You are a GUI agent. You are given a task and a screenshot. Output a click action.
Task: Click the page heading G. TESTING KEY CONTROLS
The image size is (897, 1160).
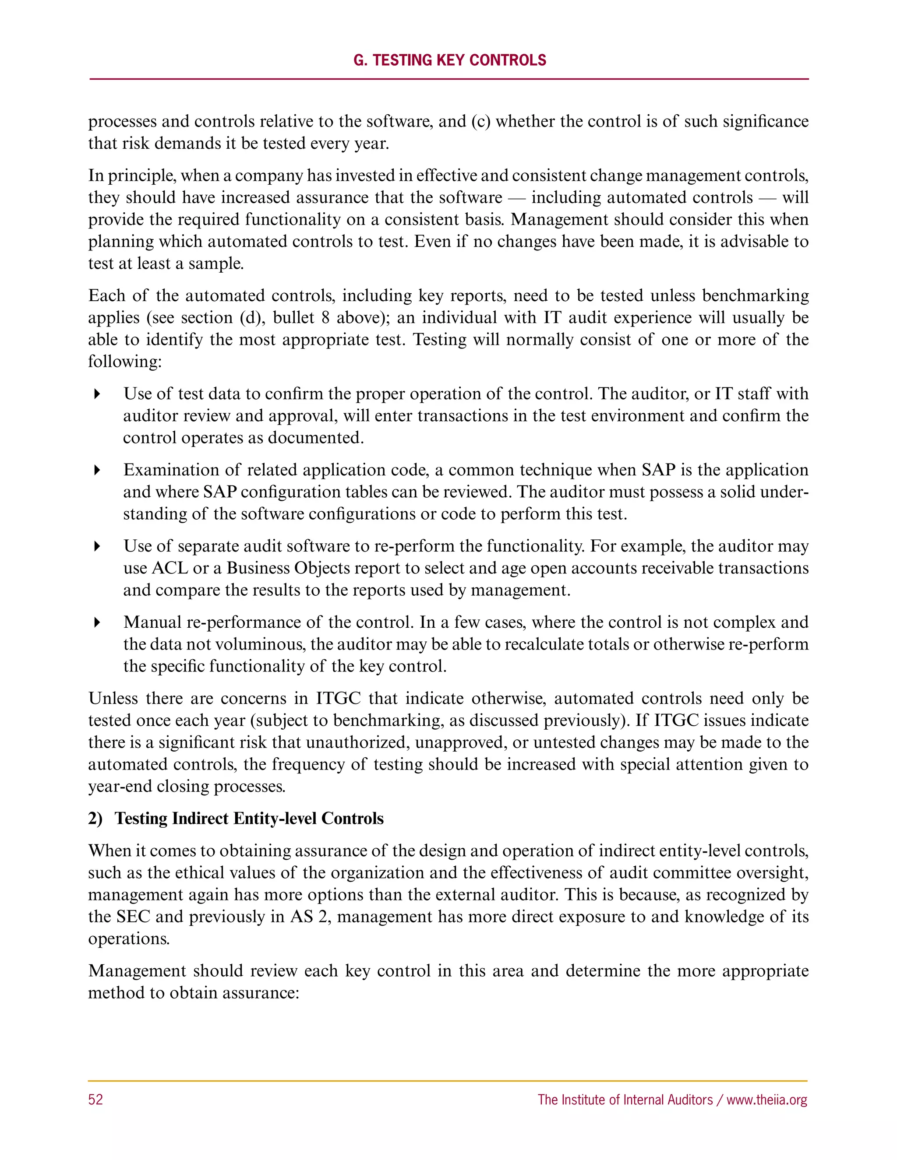coord(449,60)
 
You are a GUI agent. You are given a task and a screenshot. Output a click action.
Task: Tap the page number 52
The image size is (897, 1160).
coord(95,1100)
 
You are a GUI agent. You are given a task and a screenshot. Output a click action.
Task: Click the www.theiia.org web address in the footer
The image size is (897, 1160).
coord(767,1100)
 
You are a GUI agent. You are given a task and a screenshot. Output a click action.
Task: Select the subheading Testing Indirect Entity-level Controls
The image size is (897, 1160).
coord(249,819)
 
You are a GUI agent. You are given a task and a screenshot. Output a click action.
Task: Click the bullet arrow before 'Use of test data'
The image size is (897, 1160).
coord(97,394)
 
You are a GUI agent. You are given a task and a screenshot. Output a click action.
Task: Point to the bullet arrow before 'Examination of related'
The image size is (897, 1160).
coord(97,470)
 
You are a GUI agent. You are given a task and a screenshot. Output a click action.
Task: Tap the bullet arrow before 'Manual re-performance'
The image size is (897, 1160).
coord(97,622)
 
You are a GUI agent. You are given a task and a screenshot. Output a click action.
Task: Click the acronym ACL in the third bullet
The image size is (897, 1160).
coord(170,568)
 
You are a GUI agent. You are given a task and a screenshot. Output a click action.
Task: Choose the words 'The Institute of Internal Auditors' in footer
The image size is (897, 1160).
coord(625,1100)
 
